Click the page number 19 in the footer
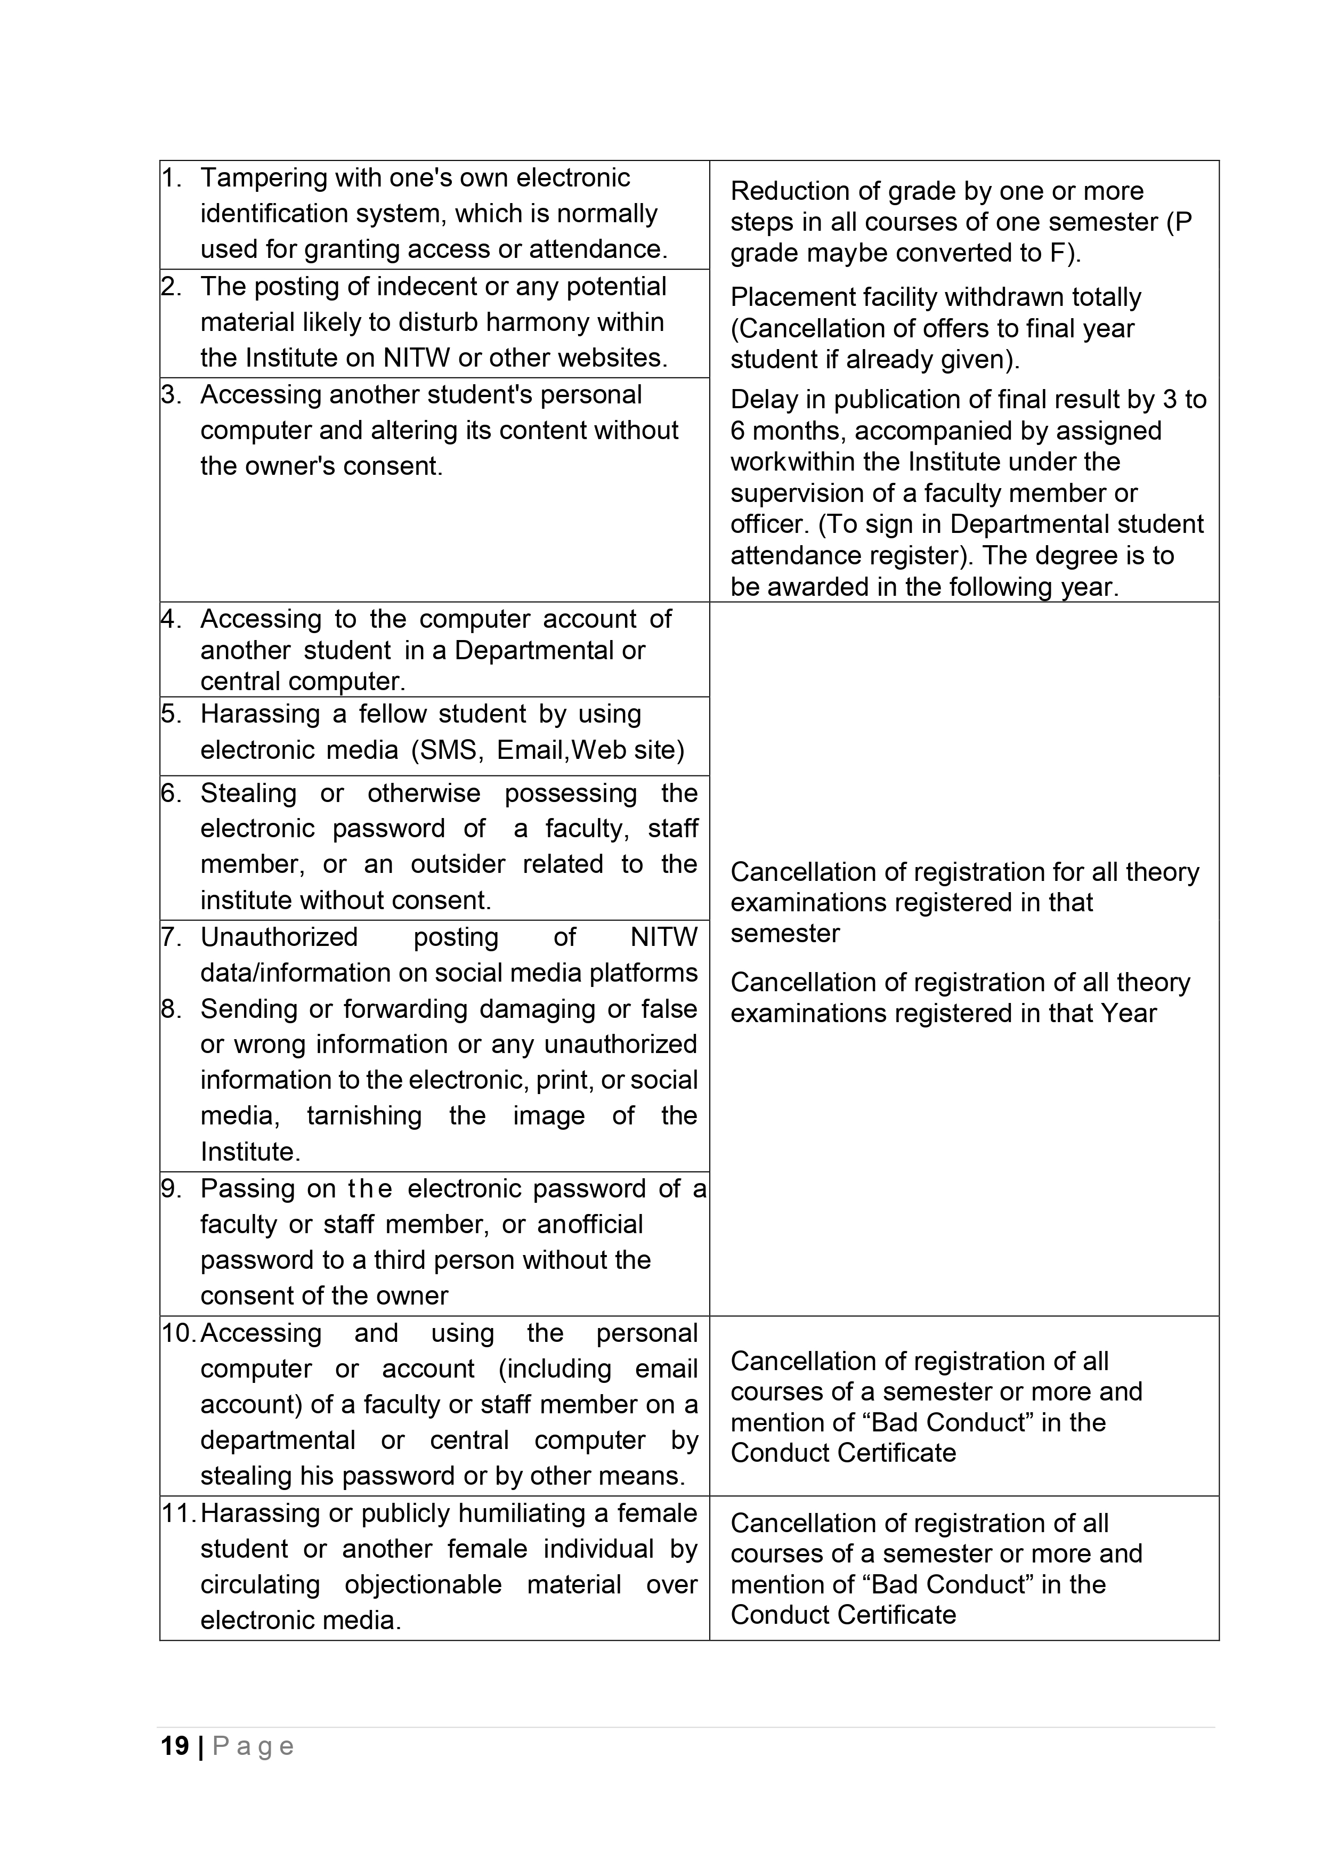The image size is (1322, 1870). [x=174, y=1746]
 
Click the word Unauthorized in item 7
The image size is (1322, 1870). [x=279, y=937]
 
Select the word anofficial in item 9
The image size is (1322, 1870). [x=590, y=1224]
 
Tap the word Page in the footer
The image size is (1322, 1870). [x=253, y=1747]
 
